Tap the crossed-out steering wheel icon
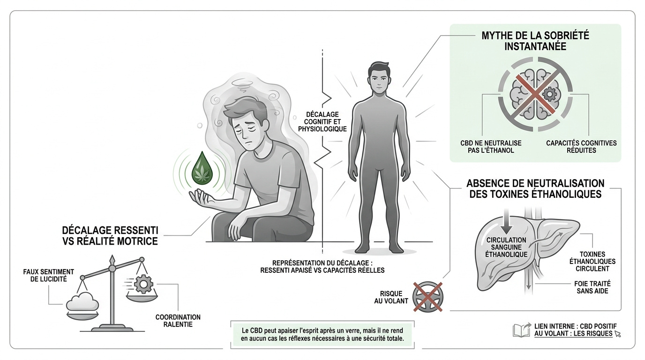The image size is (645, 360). point(427,297)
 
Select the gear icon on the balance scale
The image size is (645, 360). point(143,284)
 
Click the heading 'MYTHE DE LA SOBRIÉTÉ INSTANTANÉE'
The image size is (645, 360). point(535,41)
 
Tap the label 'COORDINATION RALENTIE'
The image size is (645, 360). point(178,321)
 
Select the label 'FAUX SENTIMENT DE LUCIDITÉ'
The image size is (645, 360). point(48,275)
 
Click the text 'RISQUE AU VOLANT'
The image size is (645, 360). point(391,297)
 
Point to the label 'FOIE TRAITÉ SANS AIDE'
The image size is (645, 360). point(592,287)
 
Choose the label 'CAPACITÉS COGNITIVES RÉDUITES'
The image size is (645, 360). point(581,147)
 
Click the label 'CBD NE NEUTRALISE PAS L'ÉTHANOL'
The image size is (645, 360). point(491,147)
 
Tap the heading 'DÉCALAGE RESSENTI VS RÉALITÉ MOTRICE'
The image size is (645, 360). point(110,236)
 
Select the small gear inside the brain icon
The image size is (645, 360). point(550,94)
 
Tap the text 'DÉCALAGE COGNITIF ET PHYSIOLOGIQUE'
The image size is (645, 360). point(322,122)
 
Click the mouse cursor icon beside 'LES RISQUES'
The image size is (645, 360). point(617,333)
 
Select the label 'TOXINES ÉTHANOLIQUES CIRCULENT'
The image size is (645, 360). point(592,261)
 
